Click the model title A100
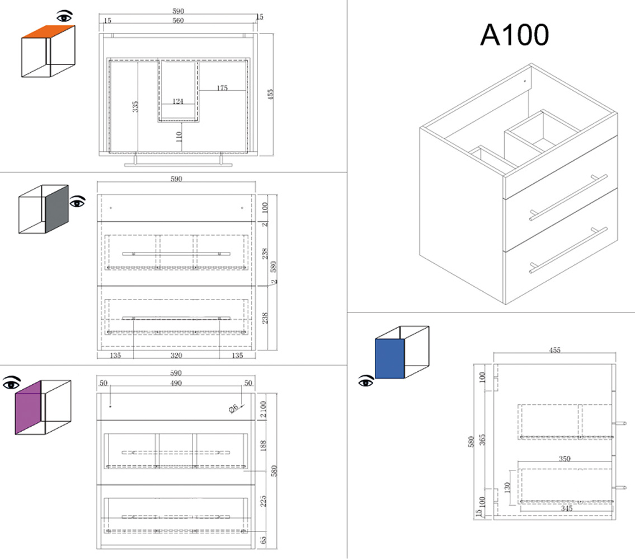pos(514,36)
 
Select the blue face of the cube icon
pos(389,358)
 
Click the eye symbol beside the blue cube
pos(366,381)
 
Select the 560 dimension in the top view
pos(178,21)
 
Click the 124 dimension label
pos(178,101)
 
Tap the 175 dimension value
pos(222,88)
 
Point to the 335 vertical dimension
pos(135,106)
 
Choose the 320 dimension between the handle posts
pos(176,355)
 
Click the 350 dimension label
pos(565,459)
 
